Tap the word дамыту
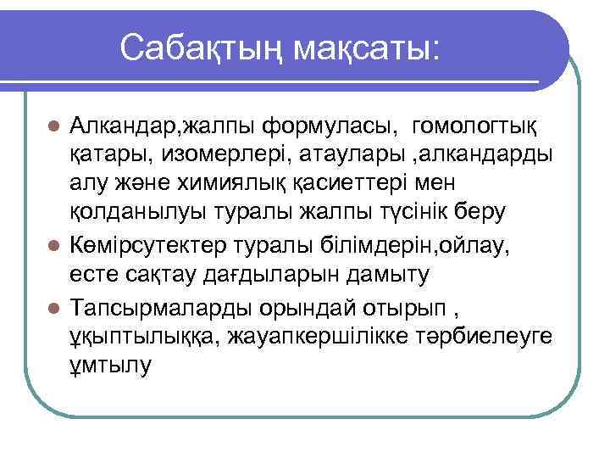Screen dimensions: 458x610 [393, 275]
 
